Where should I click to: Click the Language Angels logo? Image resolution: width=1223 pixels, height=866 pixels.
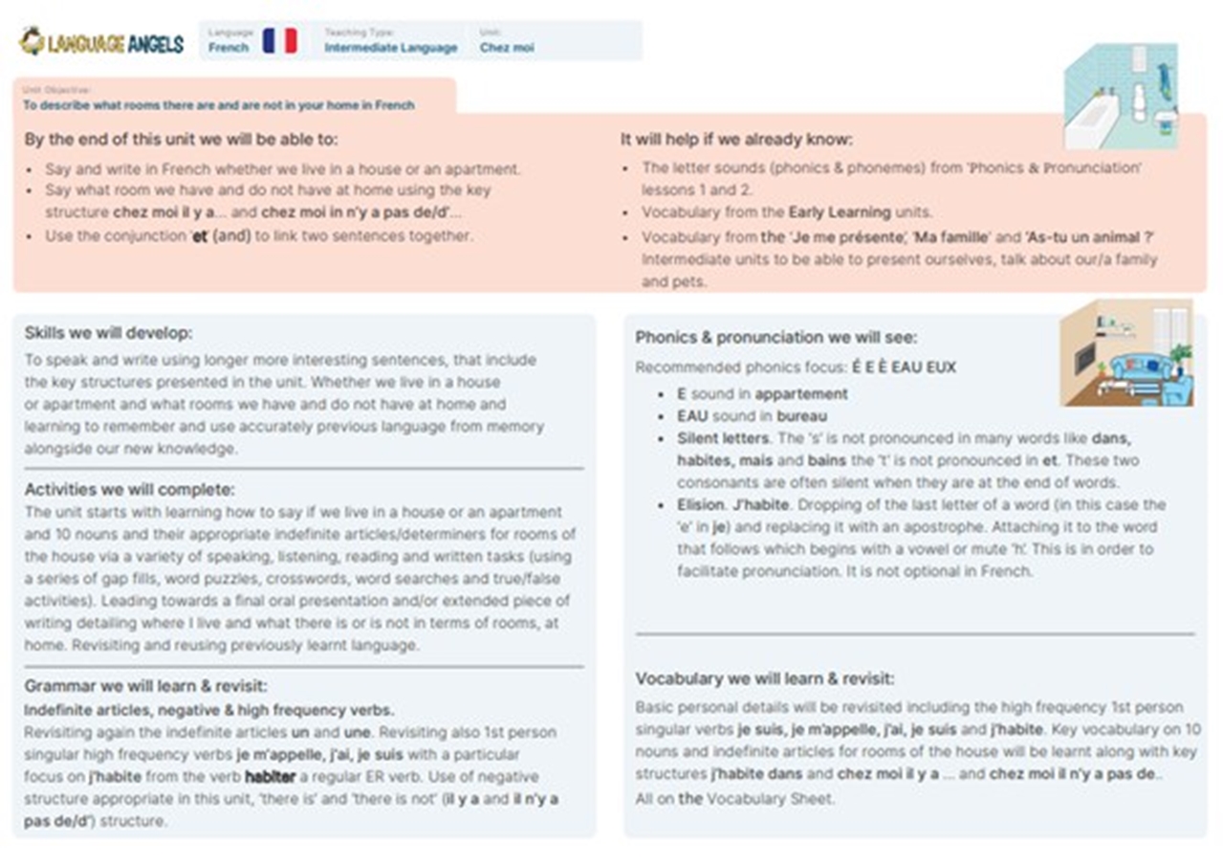(x=101, y=41)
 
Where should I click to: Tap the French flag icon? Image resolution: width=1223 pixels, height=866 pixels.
(x=279, y=41)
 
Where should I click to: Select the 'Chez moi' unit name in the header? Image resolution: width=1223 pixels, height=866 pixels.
(x=507, y=47)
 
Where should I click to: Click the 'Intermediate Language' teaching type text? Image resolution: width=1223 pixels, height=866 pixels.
(x=390, y=47)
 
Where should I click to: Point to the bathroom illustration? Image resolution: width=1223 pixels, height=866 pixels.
(x=1120, y=96)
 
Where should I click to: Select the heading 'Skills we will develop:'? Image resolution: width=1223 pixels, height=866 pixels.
(x=108, y=333)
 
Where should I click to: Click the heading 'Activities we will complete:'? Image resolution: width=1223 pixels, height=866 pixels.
(x=129, y=490)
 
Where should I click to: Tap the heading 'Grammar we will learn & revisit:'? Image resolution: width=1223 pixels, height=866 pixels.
(x=145, y=686)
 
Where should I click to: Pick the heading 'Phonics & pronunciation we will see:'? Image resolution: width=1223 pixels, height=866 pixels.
(x=775, y=337)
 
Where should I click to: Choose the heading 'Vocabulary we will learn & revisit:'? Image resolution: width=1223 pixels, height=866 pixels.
(x=765, y=678)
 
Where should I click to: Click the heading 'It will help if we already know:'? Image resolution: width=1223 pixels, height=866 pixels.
(x=736, y=139)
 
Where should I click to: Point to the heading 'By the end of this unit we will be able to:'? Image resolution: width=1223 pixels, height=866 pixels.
(x=181, y=139)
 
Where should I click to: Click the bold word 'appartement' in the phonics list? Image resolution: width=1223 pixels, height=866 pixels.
(x=800, y=393)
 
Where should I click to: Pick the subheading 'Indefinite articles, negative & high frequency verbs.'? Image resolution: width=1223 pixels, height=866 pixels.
(x=208, y=710)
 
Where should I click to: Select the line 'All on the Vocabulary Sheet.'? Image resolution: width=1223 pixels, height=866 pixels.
(x=734, y=798)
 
